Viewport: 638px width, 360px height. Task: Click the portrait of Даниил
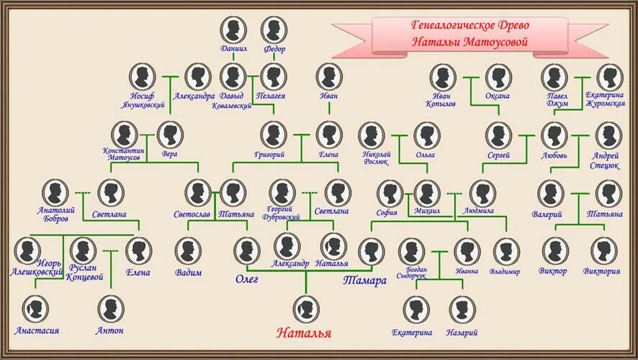233,30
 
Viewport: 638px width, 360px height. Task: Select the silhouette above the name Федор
274,30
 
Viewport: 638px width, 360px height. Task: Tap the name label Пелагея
273,96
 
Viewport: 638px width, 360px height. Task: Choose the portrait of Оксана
498,77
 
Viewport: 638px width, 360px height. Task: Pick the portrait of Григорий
273,134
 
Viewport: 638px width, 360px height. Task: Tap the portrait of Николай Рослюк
372,135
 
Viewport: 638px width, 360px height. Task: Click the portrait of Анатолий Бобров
55,193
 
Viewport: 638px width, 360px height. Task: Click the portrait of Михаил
427,193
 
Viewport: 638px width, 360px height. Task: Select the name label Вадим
188,272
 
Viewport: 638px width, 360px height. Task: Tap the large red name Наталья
305,333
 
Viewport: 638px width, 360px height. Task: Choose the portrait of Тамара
372,251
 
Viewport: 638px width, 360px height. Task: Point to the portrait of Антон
110,309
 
